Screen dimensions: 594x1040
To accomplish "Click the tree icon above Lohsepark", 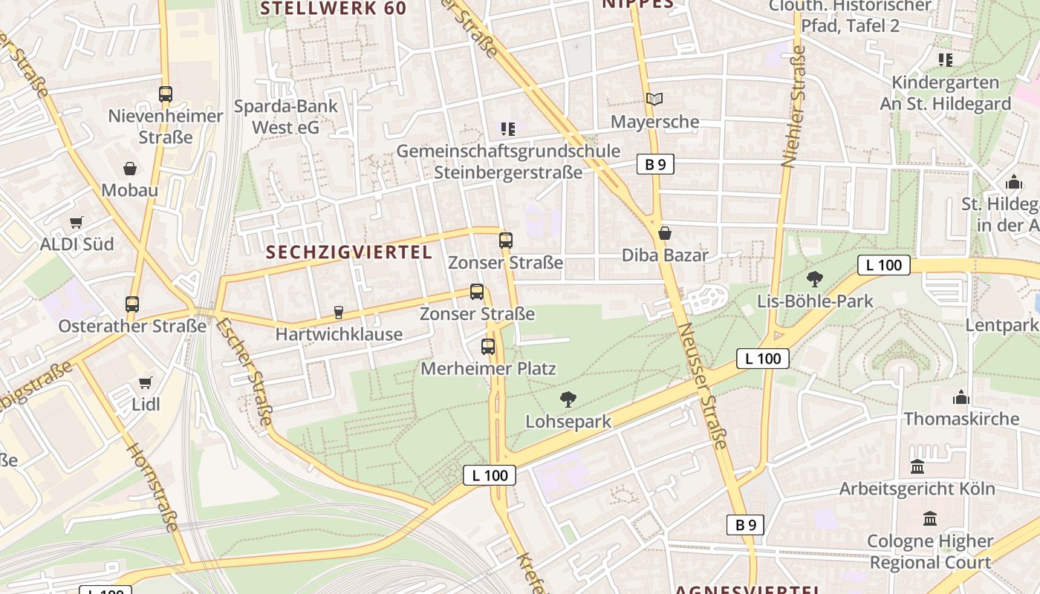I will tap(568, 399).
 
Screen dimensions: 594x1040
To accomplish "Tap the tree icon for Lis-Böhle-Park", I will tap(815, 279).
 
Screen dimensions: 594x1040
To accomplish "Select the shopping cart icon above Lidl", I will tap(146, 383).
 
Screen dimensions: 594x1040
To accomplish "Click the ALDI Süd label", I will tap(77, 244).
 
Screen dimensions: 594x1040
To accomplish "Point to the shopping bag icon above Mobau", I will tap(130, 169).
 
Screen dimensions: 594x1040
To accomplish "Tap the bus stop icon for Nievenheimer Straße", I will tap(166, 94).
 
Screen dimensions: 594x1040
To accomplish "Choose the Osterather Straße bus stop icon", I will tap(132, 304).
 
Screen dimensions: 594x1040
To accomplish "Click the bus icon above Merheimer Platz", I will tap(488, 347).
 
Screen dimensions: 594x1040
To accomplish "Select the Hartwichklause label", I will tap(339, 334).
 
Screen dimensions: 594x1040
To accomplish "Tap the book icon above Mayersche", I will tap(654, 99).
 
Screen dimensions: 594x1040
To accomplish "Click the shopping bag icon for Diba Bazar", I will tap(665, 234).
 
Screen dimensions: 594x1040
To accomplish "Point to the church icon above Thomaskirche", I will tap(961, 397).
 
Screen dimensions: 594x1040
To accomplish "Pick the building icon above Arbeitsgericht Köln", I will tap(917, 467).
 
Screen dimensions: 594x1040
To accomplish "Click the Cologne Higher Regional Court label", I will tap(930, 552).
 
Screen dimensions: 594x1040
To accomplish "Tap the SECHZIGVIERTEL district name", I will tap(349, 252).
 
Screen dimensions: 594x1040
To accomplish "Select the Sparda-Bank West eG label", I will tap(286, 117).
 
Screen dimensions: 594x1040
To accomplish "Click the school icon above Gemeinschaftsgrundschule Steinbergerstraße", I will tap(508, 129).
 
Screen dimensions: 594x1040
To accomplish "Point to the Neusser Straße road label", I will tap(703, 386).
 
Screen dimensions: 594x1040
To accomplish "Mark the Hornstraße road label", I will tap(152, 487).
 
